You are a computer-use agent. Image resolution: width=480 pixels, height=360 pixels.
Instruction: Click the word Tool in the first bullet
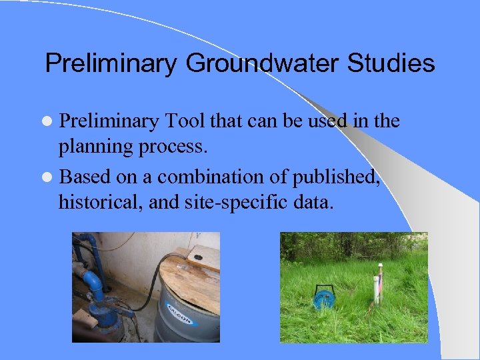pos(183,121)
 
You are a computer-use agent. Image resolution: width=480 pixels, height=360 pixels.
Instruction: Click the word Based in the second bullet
pos(83,177)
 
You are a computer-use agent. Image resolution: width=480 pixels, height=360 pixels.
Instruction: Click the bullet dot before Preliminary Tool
pos(50,121)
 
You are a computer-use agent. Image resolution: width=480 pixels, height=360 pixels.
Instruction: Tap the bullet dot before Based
pos(50,177)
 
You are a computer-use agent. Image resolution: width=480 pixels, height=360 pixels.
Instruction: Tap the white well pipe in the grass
pos(379,283)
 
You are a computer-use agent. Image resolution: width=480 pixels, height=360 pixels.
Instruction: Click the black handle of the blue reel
pos(319,291)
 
